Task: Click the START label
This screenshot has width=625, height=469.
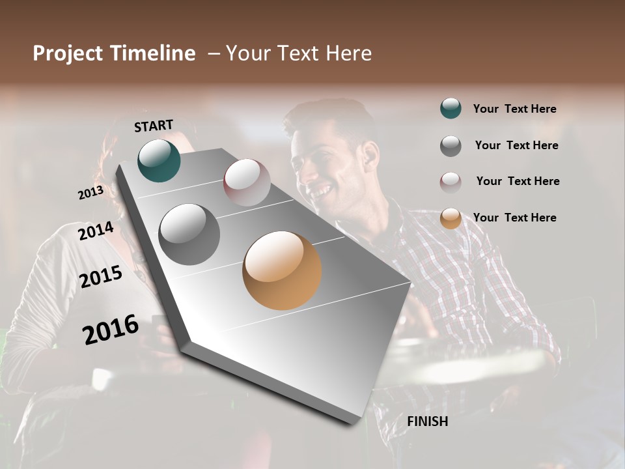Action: [x=154, y=126]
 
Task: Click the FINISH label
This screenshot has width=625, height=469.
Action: [x=427, y=421]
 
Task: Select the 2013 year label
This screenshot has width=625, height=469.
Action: [x=90, y=193]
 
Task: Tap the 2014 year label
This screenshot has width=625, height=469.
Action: [x=96, y=231]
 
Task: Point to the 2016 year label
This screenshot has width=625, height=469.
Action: [x=111, y=330]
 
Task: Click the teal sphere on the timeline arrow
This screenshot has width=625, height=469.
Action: [x=160, y=160]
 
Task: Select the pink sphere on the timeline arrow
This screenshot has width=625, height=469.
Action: [x=247, y=182]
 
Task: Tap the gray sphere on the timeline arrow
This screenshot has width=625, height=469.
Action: [x=189, y=234]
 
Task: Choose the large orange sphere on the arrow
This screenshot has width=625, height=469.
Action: [x=282, y=270]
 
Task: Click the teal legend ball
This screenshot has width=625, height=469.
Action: [x=451, y=108]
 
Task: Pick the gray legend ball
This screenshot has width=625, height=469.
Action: [x=451, y=146]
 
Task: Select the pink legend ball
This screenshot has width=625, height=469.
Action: [x=451, y=182]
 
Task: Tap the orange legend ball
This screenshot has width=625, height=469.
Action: [x=451, y=218]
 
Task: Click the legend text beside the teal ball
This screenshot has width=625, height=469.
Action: [x=514, y=109]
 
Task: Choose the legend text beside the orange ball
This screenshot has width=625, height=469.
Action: [x=514, y=218]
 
